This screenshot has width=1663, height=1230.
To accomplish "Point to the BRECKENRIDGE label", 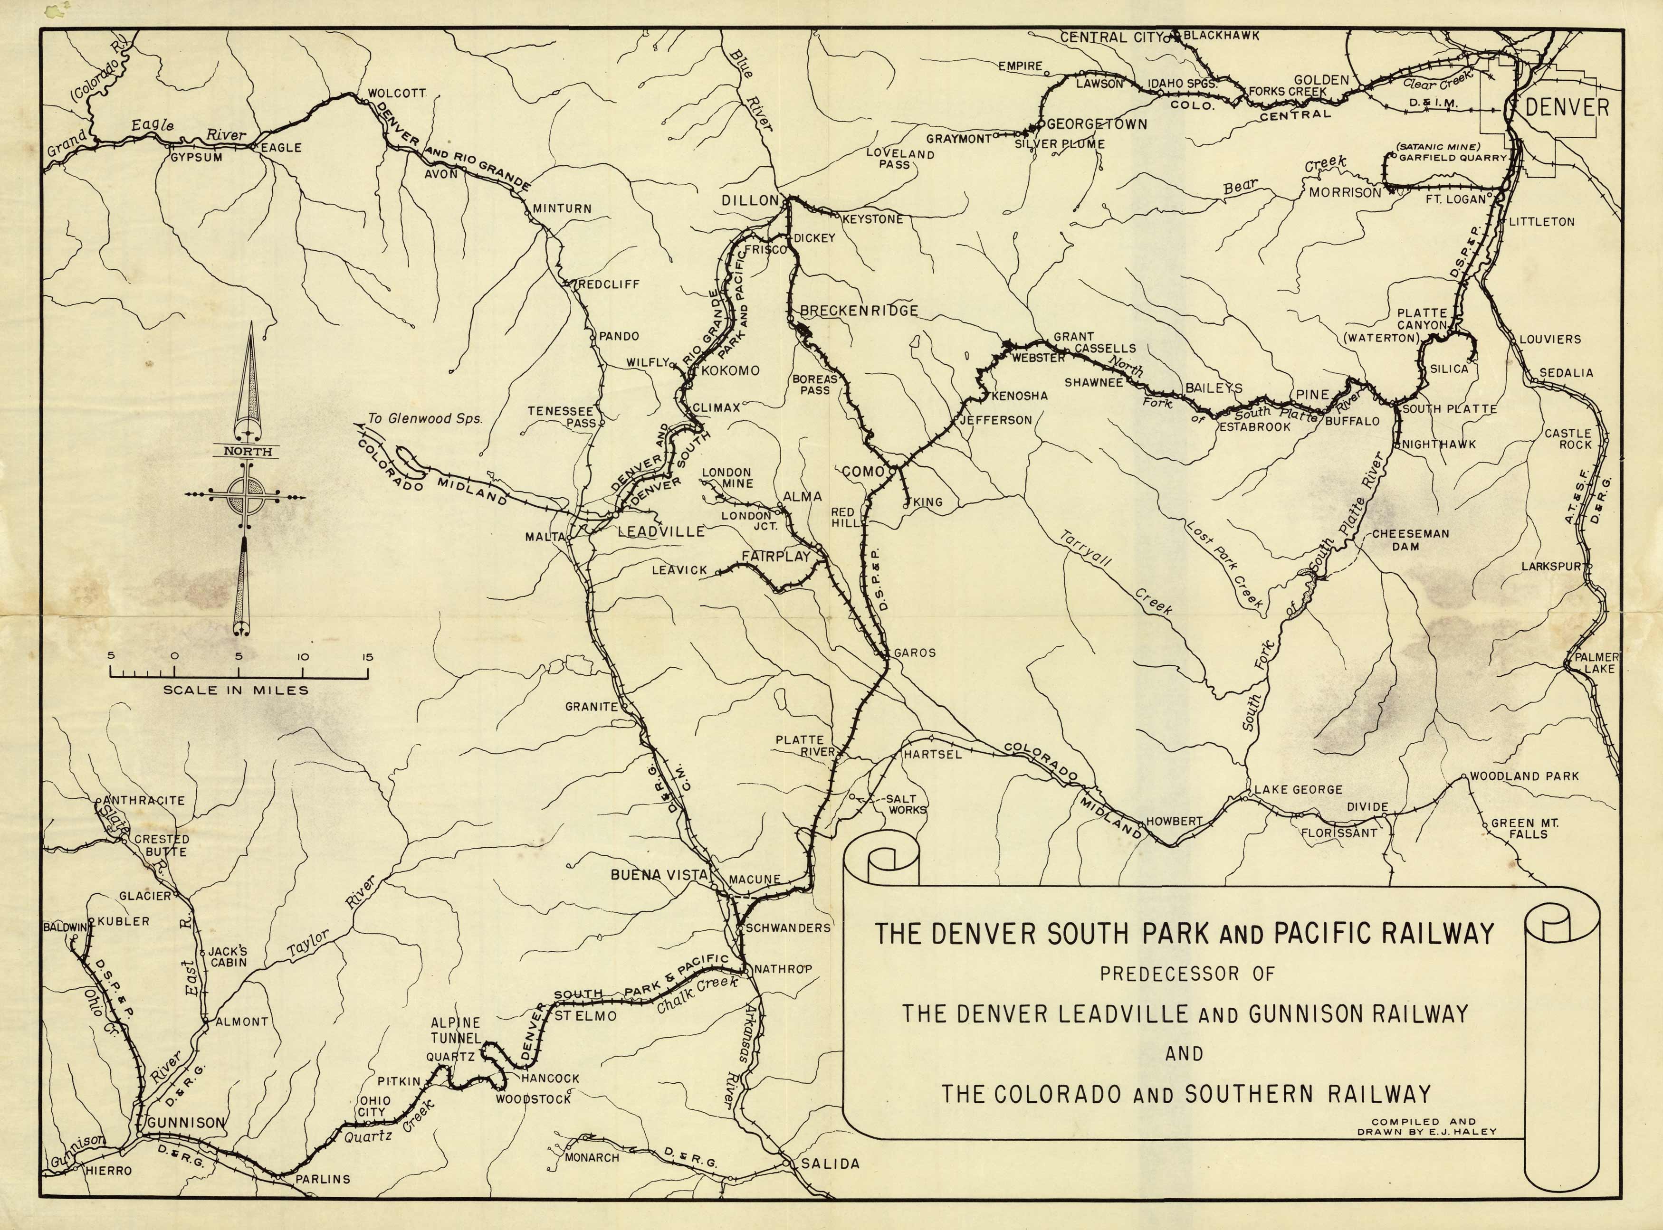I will click(859, 311).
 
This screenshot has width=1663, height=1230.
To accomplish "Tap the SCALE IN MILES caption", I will click(235, 690).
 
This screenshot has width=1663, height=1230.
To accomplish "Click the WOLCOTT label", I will click(396, 93).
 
